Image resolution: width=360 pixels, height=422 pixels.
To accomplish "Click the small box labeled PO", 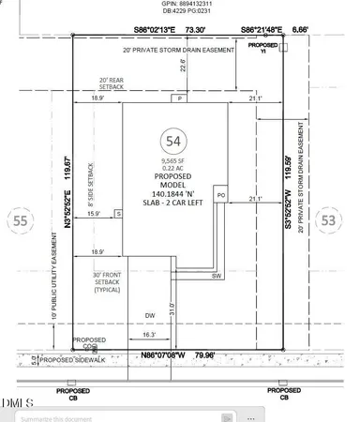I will click(221, 194).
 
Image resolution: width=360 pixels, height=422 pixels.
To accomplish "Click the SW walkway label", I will click(215, 277).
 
